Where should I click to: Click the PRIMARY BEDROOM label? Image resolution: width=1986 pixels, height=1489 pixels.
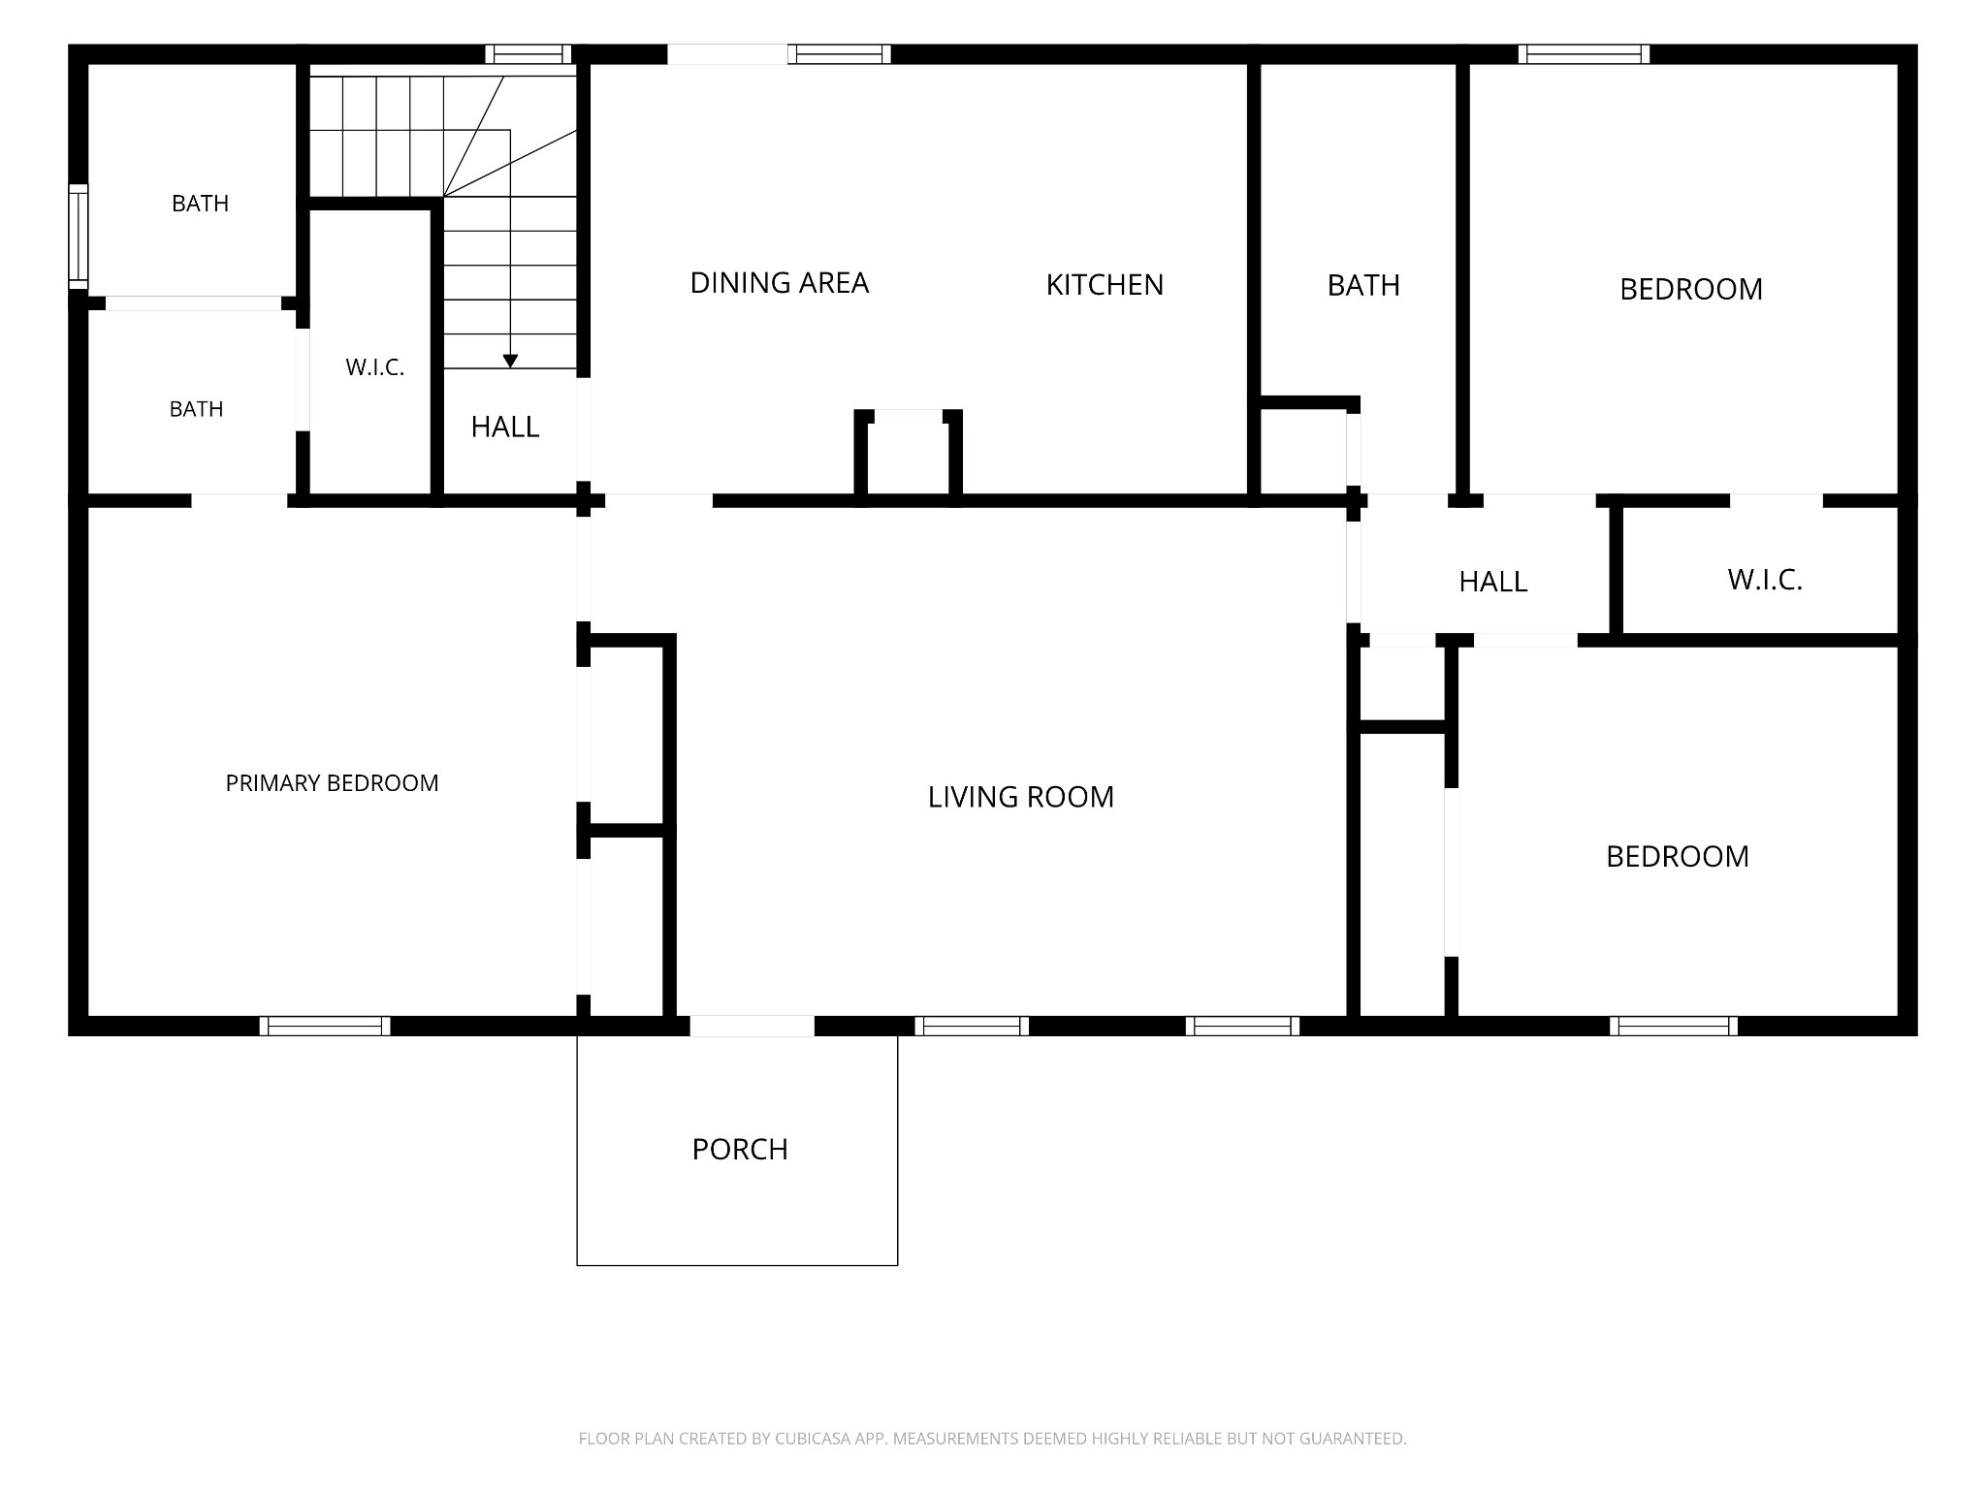332,783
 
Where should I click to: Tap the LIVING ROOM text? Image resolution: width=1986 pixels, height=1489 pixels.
1021,797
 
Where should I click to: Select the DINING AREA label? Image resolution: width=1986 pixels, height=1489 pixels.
780,283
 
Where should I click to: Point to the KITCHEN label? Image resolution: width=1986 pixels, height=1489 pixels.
1105,285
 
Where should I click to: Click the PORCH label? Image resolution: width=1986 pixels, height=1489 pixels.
740,1150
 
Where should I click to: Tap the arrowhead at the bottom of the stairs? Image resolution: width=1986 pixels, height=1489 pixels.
510,362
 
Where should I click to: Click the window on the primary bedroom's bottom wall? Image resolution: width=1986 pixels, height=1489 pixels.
325,1026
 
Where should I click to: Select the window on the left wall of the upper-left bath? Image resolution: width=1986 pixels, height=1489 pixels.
78,236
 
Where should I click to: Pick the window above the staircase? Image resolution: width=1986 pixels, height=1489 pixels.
529,54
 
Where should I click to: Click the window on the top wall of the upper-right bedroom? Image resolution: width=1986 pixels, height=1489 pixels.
1584,54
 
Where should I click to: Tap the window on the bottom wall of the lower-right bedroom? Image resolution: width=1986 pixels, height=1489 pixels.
1674,1026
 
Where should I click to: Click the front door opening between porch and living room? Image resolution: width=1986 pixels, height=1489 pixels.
752,1026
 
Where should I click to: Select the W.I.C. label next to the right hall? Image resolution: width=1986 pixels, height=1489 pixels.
1765,581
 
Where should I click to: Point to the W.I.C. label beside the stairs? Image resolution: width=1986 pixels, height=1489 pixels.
375,368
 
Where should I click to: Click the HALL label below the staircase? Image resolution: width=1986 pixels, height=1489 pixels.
505,428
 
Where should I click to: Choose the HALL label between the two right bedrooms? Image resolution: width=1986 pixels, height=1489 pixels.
1493,582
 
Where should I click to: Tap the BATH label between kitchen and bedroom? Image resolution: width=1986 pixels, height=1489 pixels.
1363,286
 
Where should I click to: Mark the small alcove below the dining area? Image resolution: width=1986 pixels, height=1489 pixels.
908,456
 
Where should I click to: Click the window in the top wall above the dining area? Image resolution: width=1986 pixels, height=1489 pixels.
839,54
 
